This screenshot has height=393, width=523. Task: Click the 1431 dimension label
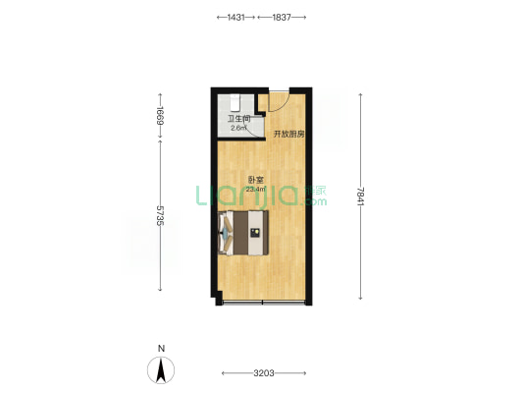(x=235, y=18)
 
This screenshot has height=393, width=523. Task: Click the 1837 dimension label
(x=282, y=18)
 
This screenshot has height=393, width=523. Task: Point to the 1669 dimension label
(x=161, y=116)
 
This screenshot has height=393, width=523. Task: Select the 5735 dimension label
(x=161, y=215)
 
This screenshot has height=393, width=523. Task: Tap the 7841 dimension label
(x=360, y=196)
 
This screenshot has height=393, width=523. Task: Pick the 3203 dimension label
(x=264, y=373)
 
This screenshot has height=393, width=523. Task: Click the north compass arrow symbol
(x=161, y=370)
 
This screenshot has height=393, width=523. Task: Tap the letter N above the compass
(x=162, y=349)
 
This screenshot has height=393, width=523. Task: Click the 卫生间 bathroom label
(x=238, y=119)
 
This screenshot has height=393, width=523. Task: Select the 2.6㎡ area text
(x=238, y=128)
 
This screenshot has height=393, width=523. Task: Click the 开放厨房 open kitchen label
(x=289, y=135)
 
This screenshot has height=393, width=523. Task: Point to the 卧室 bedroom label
(x=256, y=180)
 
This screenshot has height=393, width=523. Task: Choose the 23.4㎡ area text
(x=256, y=190)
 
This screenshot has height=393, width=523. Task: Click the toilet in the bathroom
(x=235, y=103)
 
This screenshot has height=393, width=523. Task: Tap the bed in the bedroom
(x=243, y=233)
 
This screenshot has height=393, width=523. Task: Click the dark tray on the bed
(x=255, y=233)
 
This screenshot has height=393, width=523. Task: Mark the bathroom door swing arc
(x=255, y=130)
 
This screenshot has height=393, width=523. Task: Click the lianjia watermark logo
(x=261, y=196)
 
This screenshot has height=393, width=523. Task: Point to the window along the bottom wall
(x=263, y=303)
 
